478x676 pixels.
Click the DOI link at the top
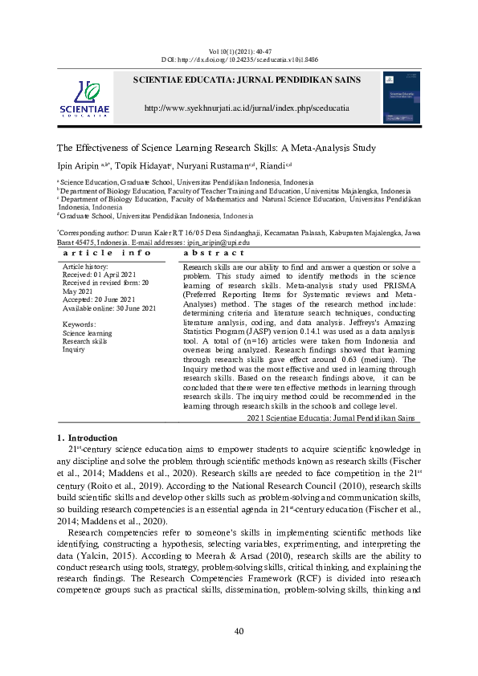[239, 59]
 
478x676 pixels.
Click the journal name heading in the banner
[246, 79]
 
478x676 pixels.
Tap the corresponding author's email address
[218, 242]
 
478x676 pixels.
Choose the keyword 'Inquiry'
[74, 349]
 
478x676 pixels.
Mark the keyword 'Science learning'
[88, 332]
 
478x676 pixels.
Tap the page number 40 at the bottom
[239, 631]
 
